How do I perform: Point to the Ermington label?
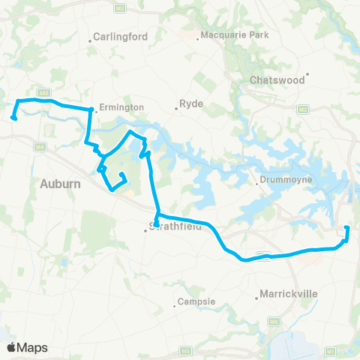pos(121,107)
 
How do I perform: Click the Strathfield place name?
pos(177,229)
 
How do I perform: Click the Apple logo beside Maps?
pos(12,347)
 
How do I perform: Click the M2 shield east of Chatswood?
pos(303,109)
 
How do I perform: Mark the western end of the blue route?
pos(13,117)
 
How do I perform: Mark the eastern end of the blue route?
pos(346,229)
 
